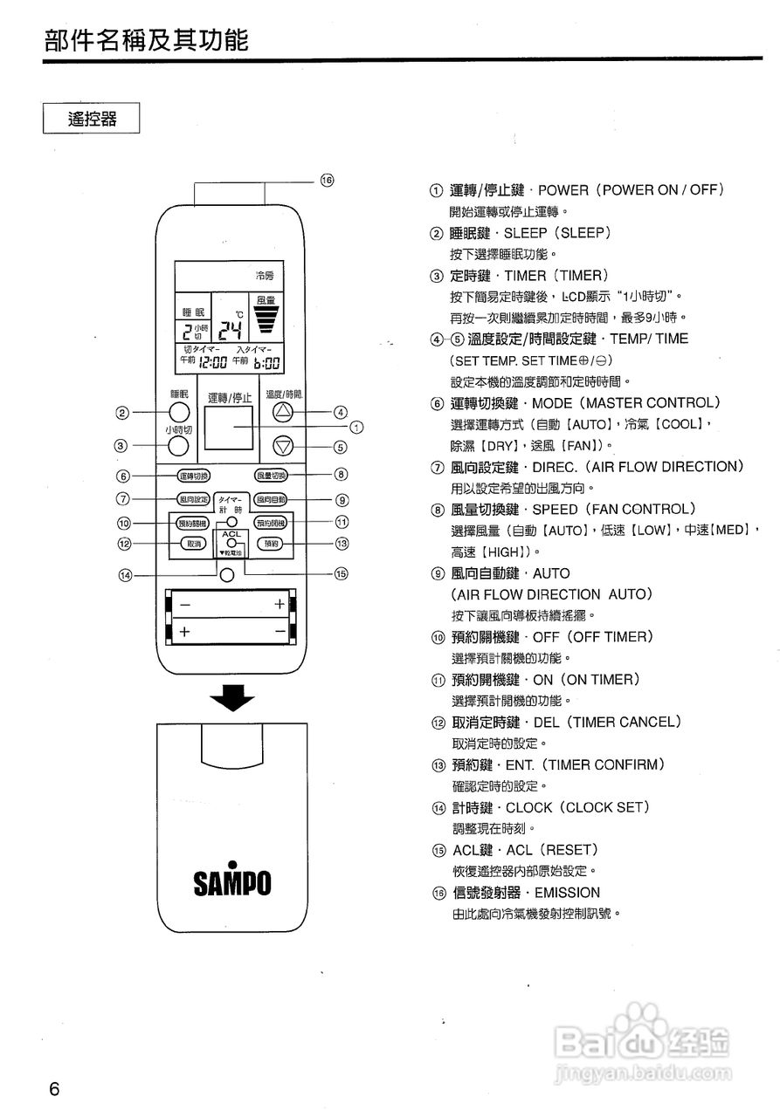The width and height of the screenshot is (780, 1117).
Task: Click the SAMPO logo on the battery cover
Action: [231, 881]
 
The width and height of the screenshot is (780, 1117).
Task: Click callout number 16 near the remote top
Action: [327, 180]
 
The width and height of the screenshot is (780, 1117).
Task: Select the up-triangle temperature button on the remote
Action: [281, 413]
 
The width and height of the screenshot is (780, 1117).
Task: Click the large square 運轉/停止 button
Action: [230, 428]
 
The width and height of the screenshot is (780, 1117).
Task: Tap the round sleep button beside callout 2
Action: [178, 413]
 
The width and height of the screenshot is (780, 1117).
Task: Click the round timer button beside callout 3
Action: [178, 446]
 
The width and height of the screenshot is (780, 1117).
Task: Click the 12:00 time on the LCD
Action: [213, 363]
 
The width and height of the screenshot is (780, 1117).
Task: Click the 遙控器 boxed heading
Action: [92, 118]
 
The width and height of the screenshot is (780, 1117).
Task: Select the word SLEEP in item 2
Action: [525, 233]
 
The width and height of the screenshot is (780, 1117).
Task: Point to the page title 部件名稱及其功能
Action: [147, 39]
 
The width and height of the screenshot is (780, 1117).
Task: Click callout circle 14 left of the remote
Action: [127, 575]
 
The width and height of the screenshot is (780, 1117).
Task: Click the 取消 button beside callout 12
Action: [193, 544]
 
